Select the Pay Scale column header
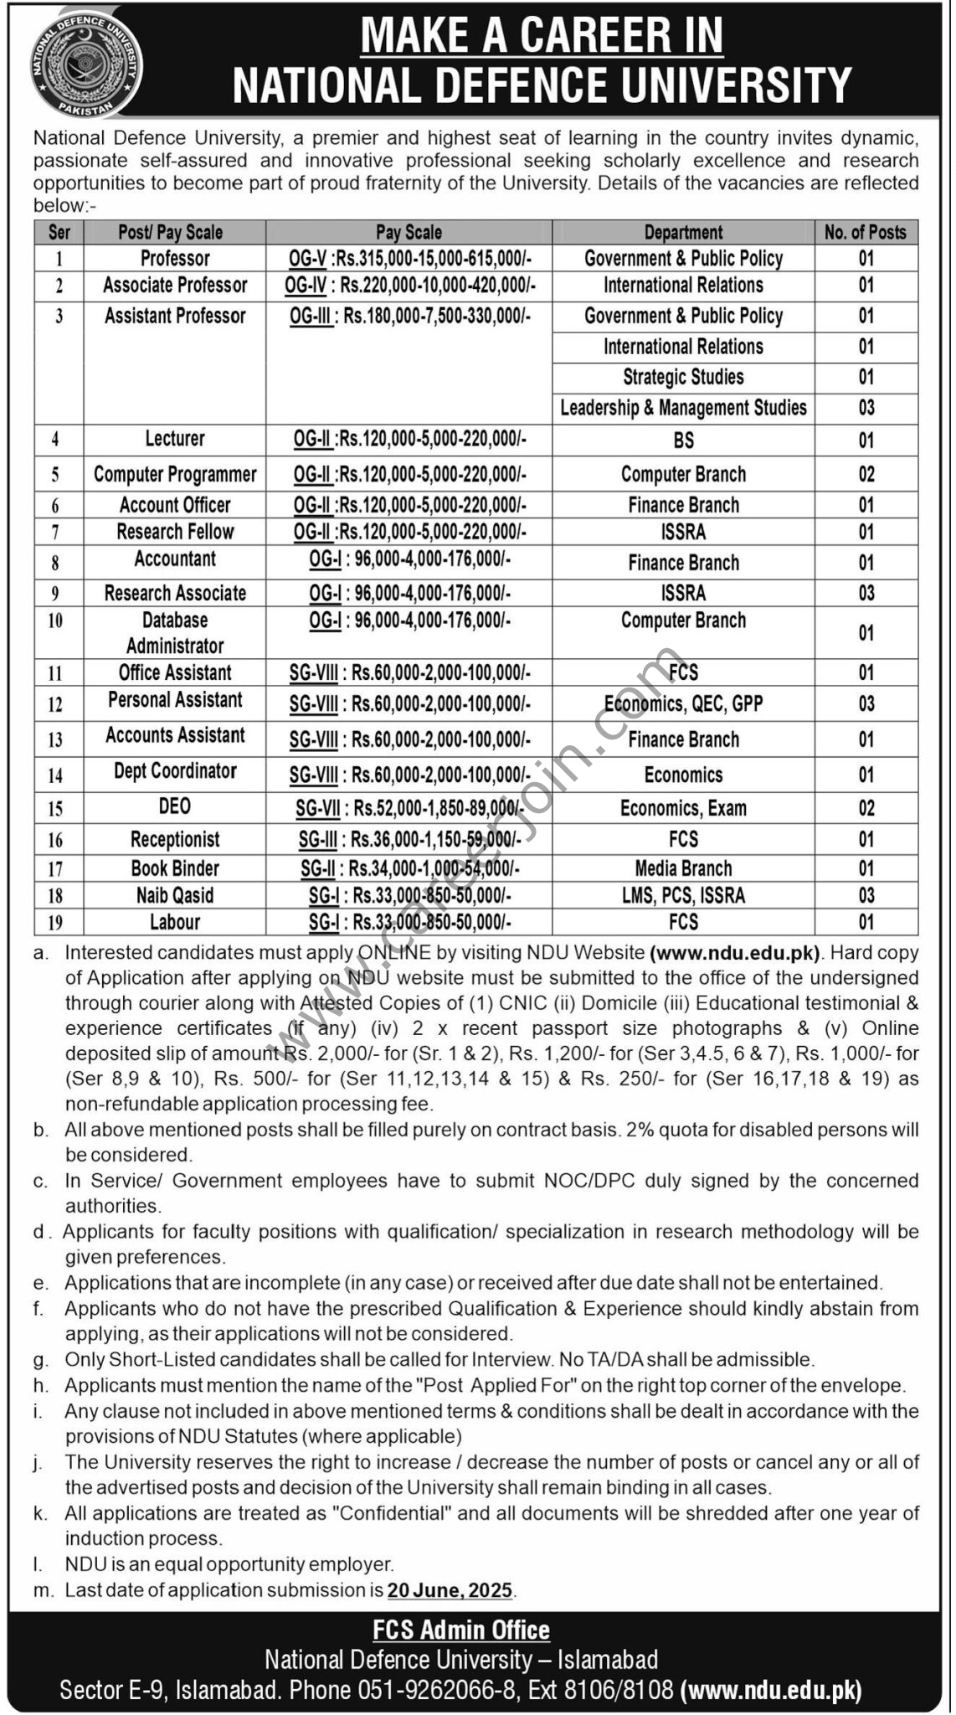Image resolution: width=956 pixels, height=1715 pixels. point(409,232)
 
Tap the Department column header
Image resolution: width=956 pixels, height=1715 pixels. point(683,232)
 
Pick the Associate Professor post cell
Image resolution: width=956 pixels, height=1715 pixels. point(175,286)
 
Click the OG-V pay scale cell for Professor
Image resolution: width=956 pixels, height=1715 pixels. point(409,259)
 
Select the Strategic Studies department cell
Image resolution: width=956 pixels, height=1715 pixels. point(683,377)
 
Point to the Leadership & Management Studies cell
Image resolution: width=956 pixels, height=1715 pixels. point(683,408)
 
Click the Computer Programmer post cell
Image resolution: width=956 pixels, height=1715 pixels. point(175,474)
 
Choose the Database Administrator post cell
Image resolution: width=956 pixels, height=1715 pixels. point(175,633)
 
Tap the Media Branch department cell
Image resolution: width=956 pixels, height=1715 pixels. point(683,868)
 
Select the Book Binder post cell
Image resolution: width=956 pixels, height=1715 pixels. point(175,868)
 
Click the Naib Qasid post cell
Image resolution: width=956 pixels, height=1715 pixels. point(175,895)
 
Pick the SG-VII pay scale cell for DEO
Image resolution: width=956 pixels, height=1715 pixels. point(409,808)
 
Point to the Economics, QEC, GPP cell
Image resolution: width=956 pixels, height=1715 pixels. point(683,703)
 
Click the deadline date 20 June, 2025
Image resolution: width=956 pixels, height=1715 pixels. point(450,1589)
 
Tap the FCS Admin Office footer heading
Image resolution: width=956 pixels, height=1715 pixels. point(461,1630)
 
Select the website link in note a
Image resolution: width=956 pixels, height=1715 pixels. point(736,952)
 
